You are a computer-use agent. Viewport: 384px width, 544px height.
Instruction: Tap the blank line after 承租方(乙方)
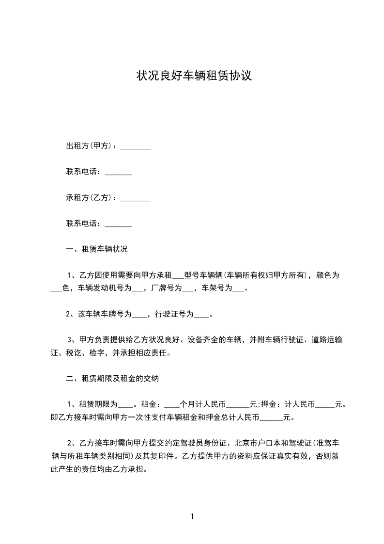(x=135, y=198)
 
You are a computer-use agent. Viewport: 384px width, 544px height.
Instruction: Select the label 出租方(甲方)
(x=89, y=146)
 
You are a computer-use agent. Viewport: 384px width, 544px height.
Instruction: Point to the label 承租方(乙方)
(x=89, y=198)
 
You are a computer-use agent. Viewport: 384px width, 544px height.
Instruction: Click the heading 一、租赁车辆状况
(x=97, y=250)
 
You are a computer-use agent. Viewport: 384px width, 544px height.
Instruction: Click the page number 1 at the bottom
(x=192, y=516)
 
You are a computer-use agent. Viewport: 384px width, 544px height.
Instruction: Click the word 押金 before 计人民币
(x=269, y=404)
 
